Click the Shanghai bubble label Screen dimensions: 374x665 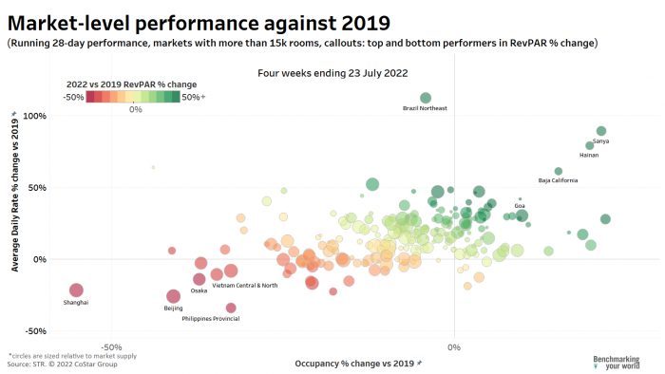pyautogui.click(x=76, y=303)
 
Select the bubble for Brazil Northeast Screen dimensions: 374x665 pyautogui.click(x=426, y=98)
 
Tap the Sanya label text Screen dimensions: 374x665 pyautogui.click(x=600, y=141)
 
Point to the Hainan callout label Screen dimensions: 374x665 pyautogui.click(x=589, y=155)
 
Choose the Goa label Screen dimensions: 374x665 pyautogui.click(x=520, y=205)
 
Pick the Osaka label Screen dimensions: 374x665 pyautogui.click(x=199, y=290)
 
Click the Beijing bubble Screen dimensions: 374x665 pyautogui.click(x=173, y=296)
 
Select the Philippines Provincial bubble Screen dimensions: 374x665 pyautogui.click(x=231, y=308)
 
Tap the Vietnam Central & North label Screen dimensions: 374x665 pyautogui.click(x=245, y=285)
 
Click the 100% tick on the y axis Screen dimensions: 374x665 pyautogui.click(x=34, y=116)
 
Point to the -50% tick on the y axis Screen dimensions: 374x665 pyautogui.click(x=34, y=331)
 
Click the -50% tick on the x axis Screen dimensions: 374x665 pyautogui.click(x=111, y=346)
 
